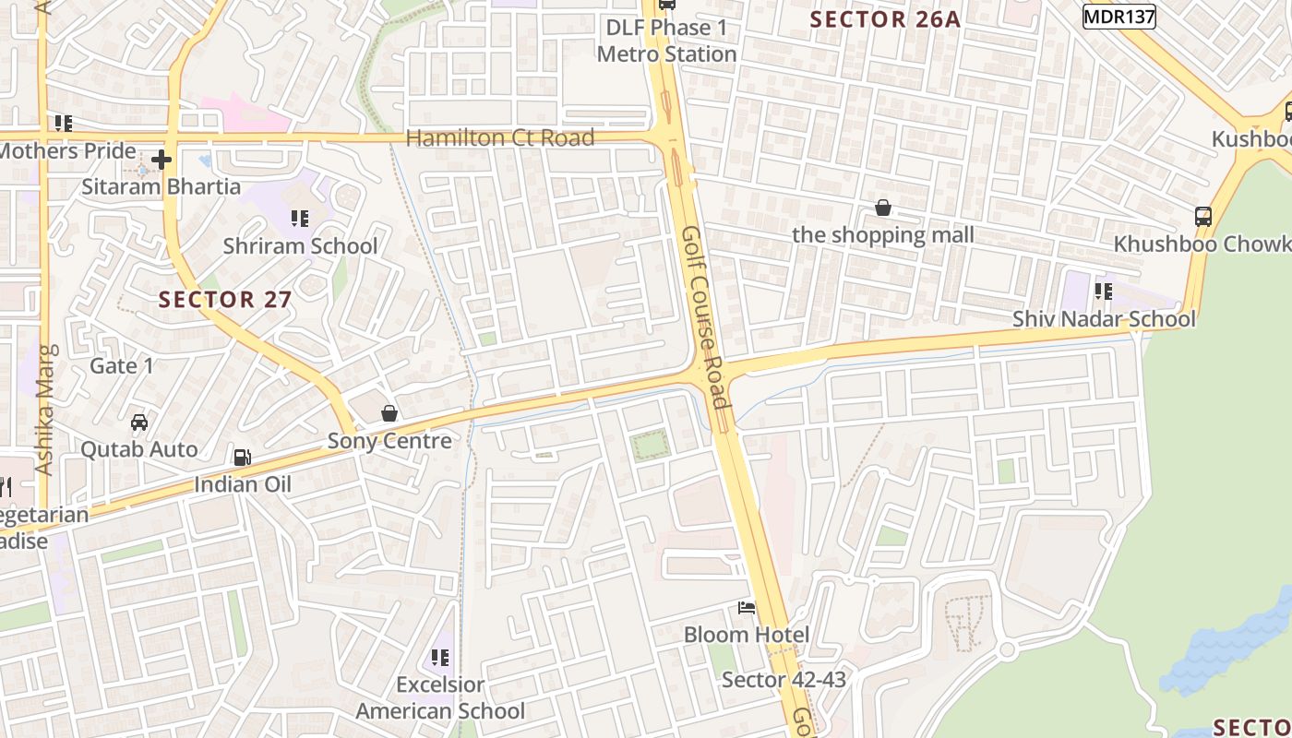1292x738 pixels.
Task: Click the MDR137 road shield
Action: coord(1119,17)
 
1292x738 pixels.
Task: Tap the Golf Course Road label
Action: coord(706,316)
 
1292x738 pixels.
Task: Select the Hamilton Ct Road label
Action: coord(500,138)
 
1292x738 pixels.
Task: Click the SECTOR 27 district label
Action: coord(225,299)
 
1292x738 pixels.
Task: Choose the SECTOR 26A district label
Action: coord(885,19)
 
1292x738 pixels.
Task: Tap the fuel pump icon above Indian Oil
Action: coord(242,457)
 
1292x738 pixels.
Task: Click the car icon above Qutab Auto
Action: coord(139,422)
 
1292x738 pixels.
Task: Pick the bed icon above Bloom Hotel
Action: coord(747,607)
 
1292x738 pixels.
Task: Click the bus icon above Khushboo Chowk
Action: coord(1203,217)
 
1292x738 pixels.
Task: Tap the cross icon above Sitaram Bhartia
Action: coord(161,160)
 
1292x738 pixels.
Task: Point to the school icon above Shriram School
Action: coord(300,219)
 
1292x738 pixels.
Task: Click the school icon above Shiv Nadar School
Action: coord(1103,292)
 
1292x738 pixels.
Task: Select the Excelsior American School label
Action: coord(440,697)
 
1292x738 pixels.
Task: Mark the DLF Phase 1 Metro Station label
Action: coord(666,41)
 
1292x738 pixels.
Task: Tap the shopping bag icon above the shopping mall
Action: coord(883,208)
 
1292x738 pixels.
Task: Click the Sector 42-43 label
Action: coord(784,680)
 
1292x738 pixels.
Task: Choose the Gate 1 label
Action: coord(122,365)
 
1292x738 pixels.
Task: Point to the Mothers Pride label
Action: coord(66,150)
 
